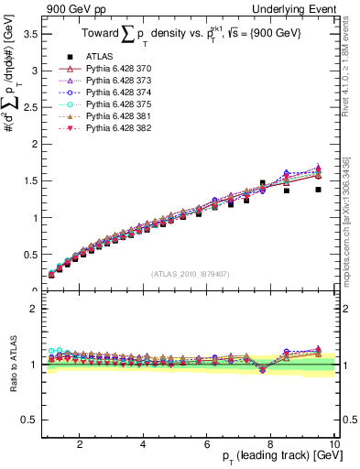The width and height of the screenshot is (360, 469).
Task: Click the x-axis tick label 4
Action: [143, 445]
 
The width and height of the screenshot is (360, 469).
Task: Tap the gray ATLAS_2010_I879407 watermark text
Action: [189, 272]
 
